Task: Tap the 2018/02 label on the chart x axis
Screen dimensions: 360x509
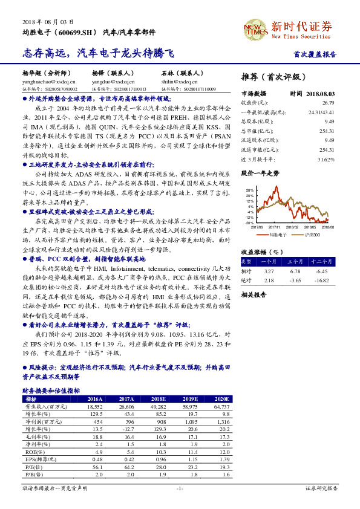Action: click(292, 227)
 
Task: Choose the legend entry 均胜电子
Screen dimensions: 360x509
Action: click(277, 233)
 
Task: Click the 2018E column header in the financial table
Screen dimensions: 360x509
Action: click(159, 400)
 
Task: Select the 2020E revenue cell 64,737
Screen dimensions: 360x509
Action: click(221, 407)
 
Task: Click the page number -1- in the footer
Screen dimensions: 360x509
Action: click(180, 488)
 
